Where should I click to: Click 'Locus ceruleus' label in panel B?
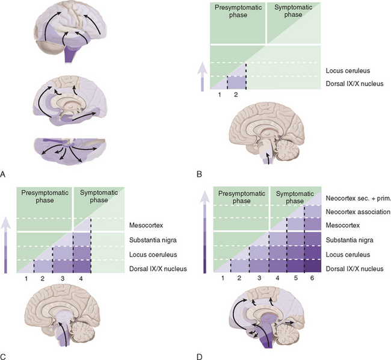pyautogui.click(x=346, y=70)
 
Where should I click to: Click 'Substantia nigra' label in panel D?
pyautogui.click(x=353, y=240)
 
